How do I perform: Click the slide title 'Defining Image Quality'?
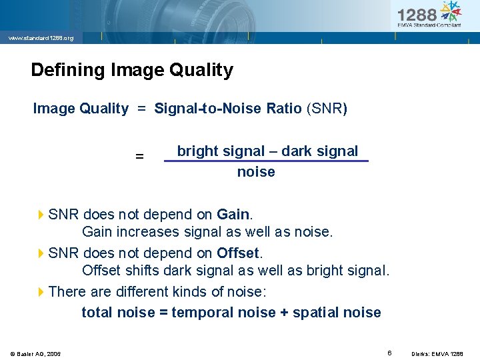[x=132, y=70]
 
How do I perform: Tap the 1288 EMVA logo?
[x=429, y=14]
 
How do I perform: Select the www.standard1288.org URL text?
[x=41, y=38]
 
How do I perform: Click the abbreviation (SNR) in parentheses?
[x=326, y=109]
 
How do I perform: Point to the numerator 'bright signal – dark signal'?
[x=267, y=151]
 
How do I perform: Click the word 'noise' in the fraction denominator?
[x=256, y=172]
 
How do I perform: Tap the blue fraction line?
[x=265, y=161]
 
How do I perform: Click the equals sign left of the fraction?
[x=139, y=157]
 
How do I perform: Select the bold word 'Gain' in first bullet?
[x=233, y=215]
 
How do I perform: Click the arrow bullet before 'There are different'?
[x=41, y=292]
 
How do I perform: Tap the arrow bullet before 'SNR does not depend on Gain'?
[x=41, y=215]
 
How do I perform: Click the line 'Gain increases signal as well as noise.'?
[x=207, y=232]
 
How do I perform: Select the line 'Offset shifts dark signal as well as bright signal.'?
[x=235, y=271]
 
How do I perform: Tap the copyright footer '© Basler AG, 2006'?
[x=35, y=353]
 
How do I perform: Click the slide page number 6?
[x=389, y=351]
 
